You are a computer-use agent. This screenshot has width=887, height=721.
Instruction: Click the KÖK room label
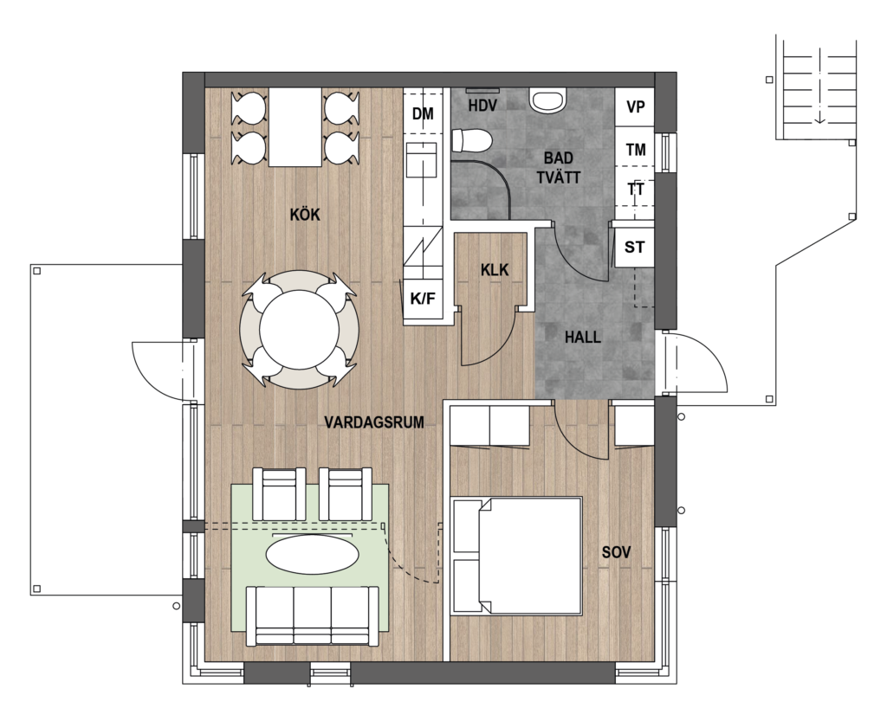(305, 215)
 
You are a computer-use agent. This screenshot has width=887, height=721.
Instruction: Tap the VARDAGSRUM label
(374, 422)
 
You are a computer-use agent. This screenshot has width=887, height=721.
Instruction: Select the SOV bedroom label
(616, 552)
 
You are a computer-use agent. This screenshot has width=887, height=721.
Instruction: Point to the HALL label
(583, 338)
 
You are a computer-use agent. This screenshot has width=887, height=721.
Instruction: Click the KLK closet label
(495, 270)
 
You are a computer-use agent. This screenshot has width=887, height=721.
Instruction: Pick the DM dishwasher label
(423, 113)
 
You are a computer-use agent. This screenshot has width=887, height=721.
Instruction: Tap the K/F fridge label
(423, 299)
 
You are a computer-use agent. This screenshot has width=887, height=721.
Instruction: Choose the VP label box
(636, 106)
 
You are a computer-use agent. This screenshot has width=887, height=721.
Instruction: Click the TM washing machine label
(636, 150)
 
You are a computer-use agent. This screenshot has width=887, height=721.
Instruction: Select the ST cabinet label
(634, 247)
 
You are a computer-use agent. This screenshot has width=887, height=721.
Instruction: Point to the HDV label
(482, 105)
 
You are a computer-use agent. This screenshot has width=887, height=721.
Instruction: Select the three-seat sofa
(312, 615)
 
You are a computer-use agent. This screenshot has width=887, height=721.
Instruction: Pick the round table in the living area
(299, 331)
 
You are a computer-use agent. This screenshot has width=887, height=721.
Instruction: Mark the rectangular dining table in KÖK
(295, 127)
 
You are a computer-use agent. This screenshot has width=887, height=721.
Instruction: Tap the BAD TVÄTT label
(559, 168)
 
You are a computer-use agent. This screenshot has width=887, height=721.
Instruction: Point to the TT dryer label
(636, 190)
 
